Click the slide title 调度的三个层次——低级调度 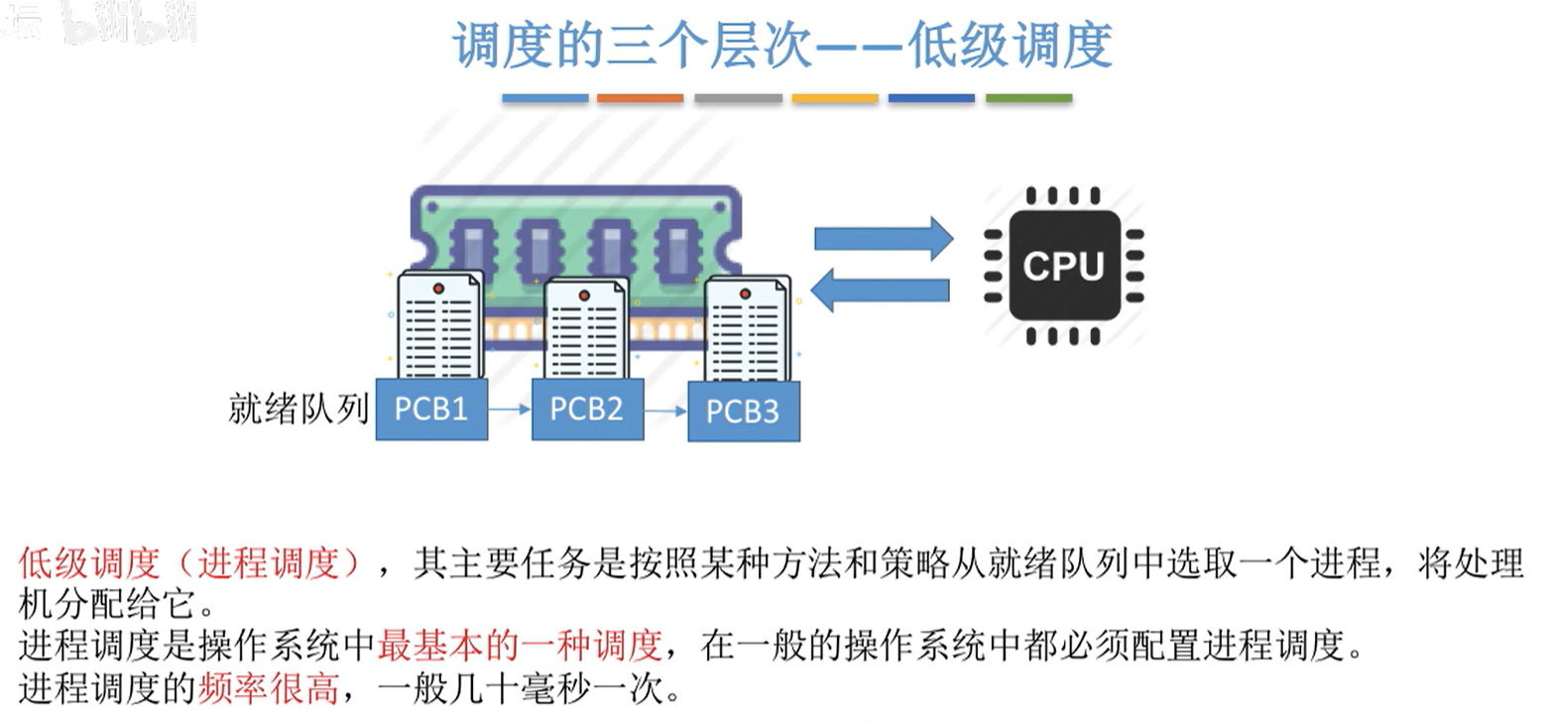(782, 46)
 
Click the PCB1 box (431, 409)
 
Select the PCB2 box (587, 409)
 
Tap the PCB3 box (743, 412)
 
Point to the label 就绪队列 (298, 408)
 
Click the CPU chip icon (1063, 265)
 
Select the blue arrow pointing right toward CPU (883, 238)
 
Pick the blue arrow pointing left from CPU (881, 290)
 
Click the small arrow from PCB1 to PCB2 (510, 408)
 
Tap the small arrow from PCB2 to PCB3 (665, 409)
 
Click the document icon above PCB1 (438, 324)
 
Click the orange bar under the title (640, 98)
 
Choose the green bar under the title (1028, 98)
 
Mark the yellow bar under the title (835, 98)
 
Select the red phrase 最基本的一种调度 (520, 646)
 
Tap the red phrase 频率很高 (269, 687)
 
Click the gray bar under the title (738, 98)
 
